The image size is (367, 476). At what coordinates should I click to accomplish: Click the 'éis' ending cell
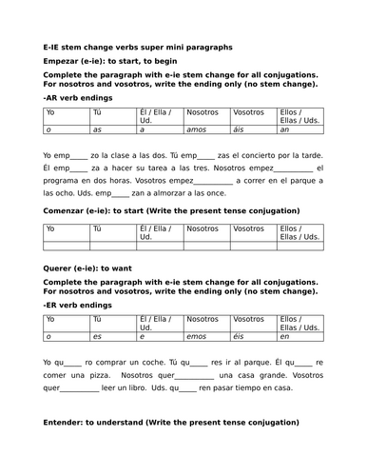pyautogui.click(x=242, y=337)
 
